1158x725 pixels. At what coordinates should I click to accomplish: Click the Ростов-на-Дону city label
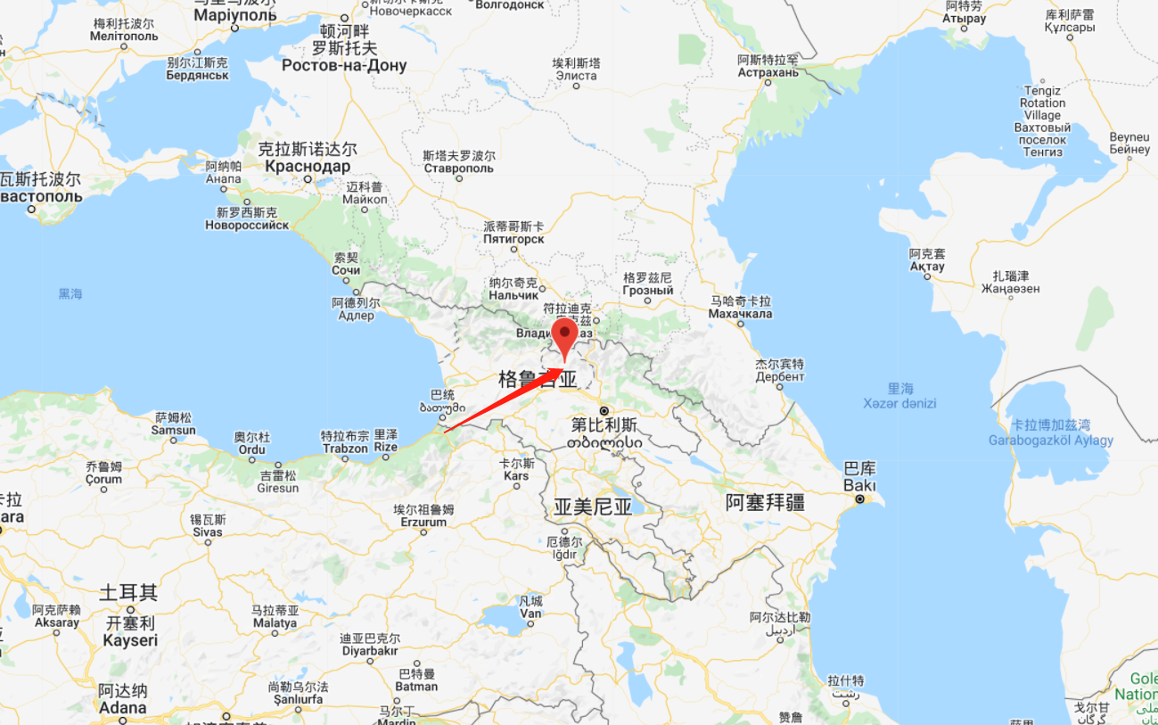click(344, 65)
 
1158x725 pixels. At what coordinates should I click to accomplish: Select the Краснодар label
click(307, 167)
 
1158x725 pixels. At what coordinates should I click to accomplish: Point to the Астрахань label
click(768, 72)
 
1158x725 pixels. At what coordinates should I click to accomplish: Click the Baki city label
click(860, 486)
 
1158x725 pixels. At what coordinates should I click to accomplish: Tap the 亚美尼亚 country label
click(593, 507)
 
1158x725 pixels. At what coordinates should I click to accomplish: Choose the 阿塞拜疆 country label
click(765, 502)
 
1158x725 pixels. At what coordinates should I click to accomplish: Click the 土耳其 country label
click(128, 592)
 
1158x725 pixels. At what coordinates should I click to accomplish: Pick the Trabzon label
click(345, 449)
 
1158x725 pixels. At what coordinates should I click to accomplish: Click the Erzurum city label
click(424, 522)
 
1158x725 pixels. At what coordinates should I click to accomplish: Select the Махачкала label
click(740, 314)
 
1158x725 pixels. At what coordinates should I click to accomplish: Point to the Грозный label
click(648, 291)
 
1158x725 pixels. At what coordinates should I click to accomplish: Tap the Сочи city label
click(346, 270)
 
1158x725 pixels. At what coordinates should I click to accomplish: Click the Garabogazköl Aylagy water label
click(1051, 440)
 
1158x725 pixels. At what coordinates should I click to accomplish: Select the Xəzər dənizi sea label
click(900, 403)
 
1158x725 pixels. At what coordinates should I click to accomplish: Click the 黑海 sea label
click(70, 293)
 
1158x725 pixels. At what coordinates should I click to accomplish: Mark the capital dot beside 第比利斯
click(604, 410)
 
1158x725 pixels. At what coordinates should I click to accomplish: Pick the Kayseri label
click(130, 640)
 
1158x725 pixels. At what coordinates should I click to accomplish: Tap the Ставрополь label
click(458, 169)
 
